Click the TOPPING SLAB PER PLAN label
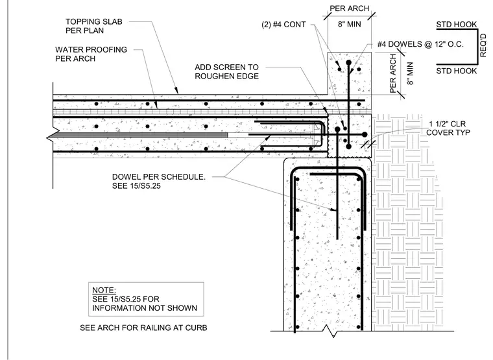(93, 26)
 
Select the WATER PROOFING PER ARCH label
(91, 54)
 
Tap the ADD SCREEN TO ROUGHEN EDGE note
(226, 72)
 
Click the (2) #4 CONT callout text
(283, 25)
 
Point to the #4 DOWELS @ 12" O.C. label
(420, 44)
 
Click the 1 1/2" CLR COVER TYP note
(448, 128)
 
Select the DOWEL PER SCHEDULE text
(159, 177)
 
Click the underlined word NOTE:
(104, 290)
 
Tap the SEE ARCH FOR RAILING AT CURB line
(143, 328)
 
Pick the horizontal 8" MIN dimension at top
(349, 24)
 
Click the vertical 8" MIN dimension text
(410, 73)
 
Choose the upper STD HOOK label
(456, 25)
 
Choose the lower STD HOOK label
(456, 71)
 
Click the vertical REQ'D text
(483, 46)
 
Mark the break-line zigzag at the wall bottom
(330, 331)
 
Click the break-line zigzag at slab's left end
(51, 134)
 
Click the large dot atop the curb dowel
(348, 63)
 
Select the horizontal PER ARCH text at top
(349, 8)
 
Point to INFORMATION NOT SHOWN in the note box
(145, 308)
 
